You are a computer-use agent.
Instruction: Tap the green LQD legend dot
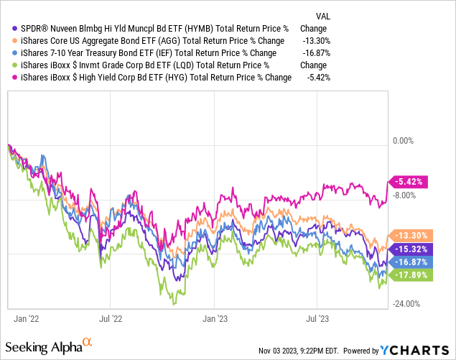click(7, 65)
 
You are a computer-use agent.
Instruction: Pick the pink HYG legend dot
click(7, 78)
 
